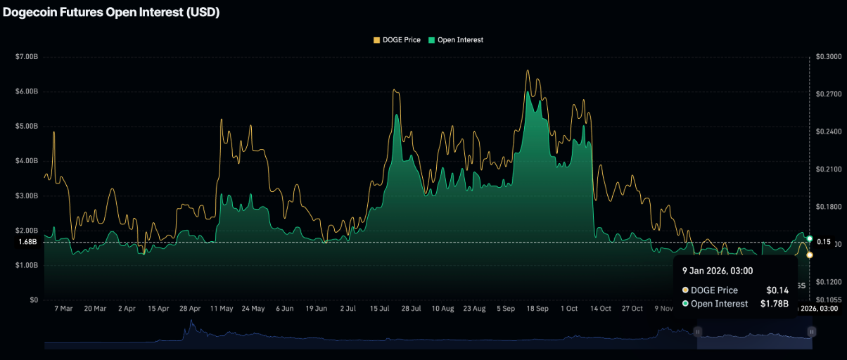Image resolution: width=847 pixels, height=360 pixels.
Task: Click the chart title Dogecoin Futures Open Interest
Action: [x=112, y=13]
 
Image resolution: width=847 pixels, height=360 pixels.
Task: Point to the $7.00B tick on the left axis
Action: [x=27, y=56]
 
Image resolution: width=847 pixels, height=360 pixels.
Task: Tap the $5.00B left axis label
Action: [x=27, y=127]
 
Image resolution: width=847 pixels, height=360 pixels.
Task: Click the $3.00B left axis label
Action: [x=27, y=195]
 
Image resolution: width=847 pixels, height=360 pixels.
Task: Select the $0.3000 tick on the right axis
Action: [x=828, y=56]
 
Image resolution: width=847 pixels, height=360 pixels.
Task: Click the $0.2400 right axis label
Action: [x=828, y=131]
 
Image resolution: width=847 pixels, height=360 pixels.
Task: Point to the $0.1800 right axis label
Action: [x=828, y=207]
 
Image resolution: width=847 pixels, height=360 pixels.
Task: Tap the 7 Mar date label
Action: [x=63, y=309]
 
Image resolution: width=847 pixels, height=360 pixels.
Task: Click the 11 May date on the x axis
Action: [x=222, y=309]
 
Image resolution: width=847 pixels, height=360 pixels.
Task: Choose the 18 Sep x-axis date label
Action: [x=537, y=309]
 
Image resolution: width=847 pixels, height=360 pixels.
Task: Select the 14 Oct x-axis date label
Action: [x=601, y=309]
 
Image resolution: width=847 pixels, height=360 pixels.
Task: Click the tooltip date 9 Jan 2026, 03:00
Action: [x=717, y=271]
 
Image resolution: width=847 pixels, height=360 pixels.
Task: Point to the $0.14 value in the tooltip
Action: [x=777, y=290]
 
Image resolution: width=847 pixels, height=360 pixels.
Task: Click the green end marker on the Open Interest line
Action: [x=810, y=239]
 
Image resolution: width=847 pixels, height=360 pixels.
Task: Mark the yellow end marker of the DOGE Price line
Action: [x=810, y=255]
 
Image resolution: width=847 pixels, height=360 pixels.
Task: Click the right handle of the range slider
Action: [x=812, y=331]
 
